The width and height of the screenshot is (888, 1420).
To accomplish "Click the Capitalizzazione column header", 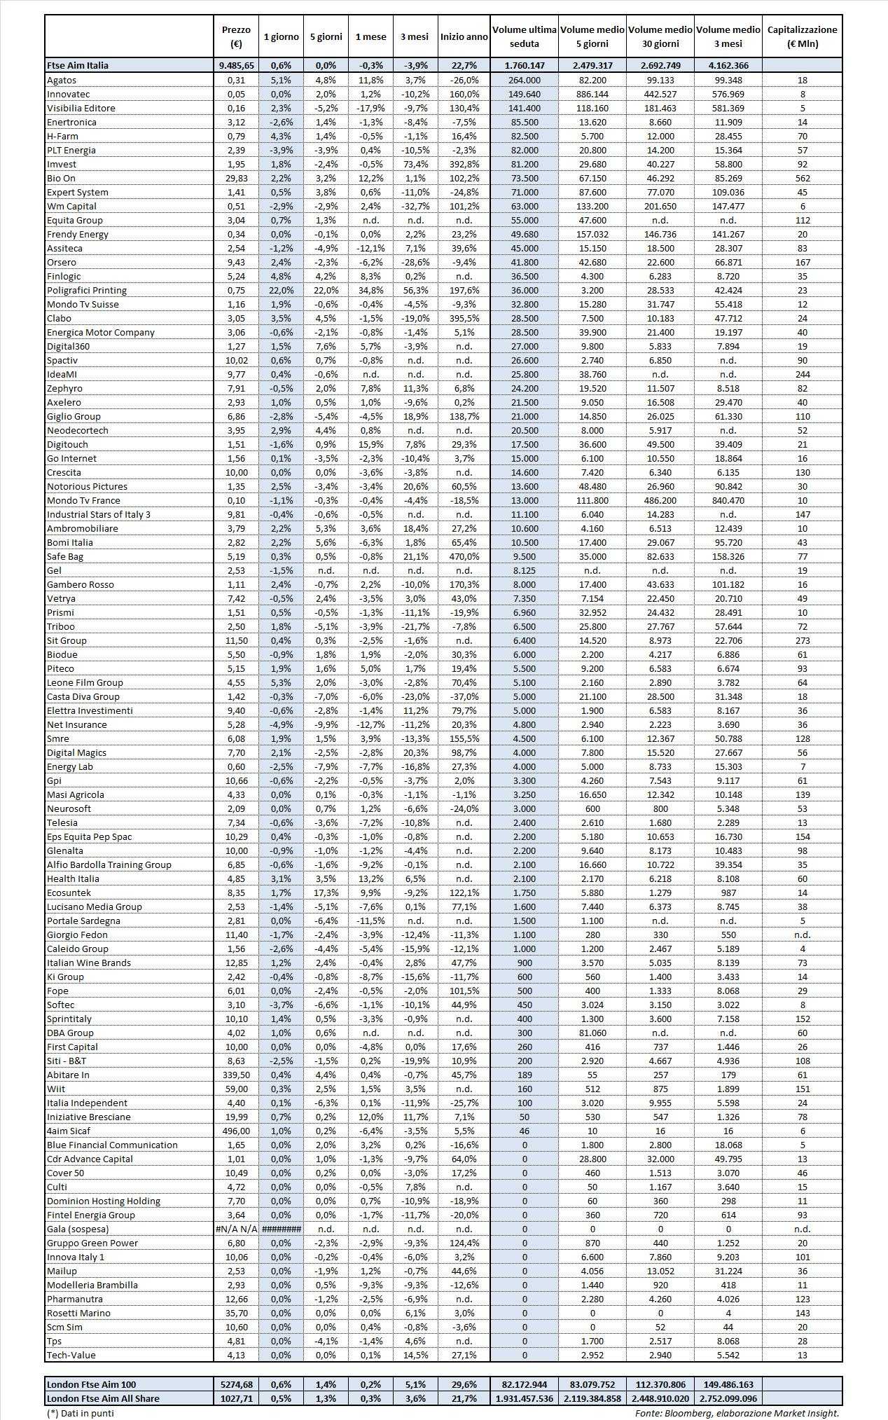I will [x=802, y=36].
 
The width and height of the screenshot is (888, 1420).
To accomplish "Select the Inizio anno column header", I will [x=464, y=36].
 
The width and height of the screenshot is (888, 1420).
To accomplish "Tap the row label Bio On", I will [x=61, y=178].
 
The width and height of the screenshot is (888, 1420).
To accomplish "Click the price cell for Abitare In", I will [x=236, y=1075].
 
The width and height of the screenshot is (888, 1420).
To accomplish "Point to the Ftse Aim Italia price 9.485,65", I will [x=236, y=65].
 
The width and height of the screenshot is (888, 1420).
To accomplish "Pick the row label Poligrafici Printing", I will [x=87, y=290].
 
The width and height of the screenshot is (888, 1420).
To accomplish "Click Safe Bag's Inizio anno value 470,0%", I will [x=464, y=556].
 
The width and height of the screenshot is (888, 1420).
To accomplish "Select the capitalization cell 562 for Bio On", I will [x=802, y=178].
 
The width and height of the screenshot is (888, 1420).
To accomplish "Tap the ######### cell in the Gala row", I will [x=281, y=1229].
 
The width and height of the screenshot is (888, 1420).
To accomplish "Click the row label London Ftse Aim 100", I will [x=91, y=1384].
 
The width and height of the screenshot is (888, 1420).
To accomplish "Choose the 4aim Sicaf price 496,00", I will [x=236, y=1131].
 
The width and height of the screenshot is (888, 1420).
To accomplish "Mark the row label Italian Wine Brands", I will [x=89, y=963].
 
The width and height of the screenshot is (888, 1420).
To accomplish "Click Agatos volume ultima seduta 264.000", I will [x=525, y=80].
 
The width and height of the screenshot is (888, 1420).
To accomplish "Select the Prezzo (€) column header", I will [x=236, y=36].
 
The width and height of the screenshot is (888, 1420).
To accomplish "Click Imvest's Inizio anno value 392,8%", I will [x=464, y=164].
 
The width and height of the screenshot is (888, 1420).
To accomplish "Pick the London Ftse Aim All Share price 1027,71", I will [x=236, y=1398].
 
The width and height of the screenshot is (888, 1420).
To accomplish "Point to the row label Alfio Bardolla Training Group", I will [x=109, y=864].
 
